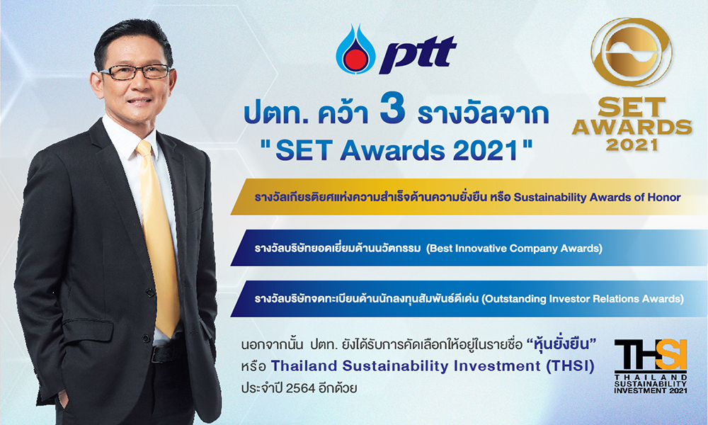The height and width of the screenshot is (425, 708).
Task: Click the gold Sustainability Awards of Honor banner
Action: pyautogui.click(x=467, y=197)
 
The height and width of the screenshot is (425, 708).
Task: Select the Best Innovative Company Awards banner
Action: pyautogui.click(x=467, y=249)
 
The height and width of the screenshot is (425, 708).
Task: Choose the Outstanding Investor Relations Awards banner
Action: pyautogui.click(x=467, y=299)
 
